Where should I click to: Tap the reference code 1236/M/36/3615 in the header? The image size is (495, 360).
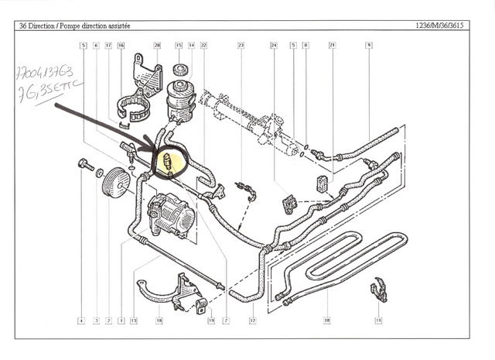pos(444,26)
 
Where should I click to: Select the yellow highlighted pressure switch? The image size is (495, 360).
pos(168,161)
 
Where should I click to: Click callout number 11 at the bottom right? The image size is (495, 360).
pos(379,320)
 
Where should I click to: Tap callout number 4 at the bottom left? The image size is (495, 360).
pos(80,320)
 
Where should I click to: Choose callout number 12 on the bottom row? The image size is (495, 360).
pos(252,320)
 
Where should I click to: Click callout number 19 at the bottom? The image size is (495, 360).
pos(210,320)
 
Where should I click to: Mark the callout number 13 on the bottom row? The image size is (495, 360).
pos(134,320)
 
